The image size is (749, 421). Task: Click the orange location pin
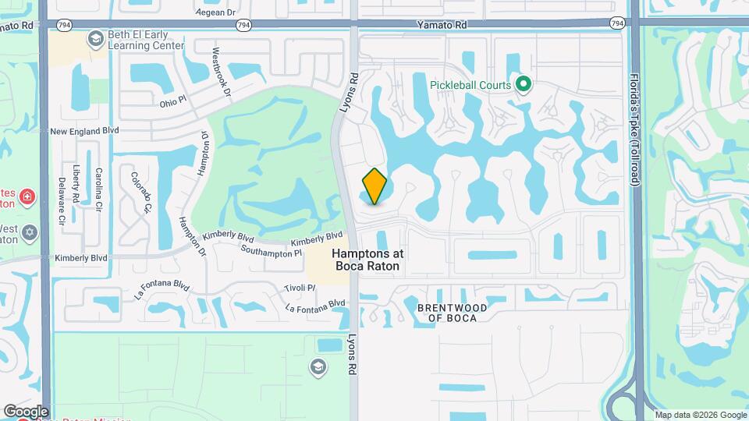pos(374,186)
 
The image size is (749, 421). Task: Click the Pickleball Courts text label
pos(470,85)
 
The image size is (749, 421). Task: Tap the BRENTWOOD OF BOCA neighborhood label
pos(452,313)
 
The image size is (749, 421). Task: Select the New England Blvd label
pos(84,132)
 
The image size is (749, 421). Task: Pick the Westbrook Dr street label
pos(222,73)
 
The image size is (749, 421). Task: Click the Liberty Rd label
pos(77,182)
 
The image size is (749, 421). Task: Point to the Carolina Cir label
pos(99,186)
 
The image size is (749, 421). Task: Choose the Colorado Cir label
pos(141,193)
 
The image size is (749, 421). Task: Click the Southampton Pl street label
pos(271,253)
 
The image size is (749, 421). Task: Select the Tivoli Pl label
pos(300,287)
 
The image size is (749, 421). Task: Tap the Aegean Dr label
pos(194,12)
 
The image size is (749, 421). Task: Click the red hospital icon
pos(28,195)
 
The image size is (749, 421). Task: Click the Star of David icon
pos(30,232)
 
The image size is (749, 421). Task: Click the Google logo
pos(26,411)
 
